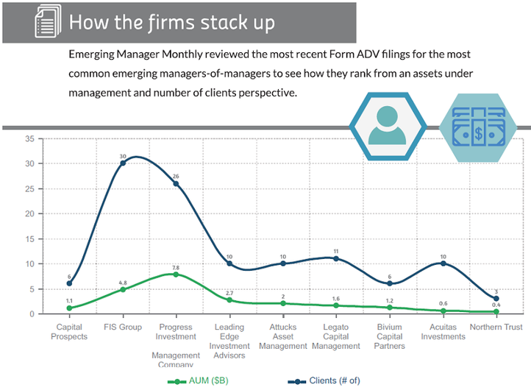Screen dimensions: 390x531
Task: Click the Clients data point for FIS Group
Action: (x=123, y=163)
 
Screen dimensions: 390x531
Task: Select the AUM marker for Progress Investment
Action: (x=176, y=274)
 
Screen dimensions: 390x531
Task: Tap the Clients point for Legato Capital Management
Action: (x=336, y=258)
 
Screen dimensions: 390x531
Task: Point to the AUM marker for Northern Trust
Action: (x=496, y=311)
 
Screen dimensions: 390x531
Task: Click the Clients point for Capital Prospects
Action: (x=69, y=283)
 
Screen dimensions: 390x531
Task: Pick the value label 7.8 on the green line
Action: (x=176, y=267)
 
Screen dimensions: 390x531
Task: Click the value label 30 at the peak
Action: (x=123, y=155)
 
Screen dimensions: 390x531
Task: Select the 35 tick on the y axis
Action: (x=29, y=138)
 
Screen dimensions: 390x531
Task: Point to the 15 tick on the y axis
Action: (x=29, y=238)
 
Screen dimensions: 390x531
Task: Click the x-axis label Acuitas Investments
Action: (x=443, y=332)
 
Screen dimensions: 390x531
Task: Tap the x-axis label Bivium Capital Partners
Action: (x=390, y=336)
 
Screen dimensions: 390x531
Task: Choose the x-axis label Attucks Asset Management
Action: (x=283, y=336)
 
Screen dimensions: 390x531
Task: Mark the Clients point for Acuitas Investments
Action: (x=443, y=263)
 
